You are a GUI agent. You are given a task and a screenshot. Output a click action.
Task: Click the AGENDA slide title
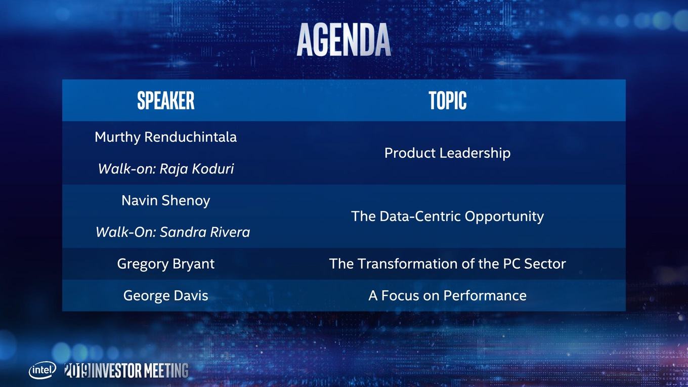[343, 39]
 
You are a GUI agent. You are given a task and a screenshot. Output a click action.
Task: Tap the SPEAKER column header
[166, 101]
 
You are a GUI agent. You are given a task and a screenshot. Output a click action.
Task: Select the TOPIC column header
[448, 101]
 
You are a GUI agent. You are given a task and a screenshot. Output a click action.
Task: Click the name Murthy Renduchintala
[166, 137]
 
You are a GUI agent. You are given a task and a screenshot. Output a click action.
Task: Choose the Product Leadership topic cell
[448, 153]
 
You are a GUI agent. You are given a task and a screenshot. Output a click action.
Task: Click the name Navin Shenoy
[166, 201]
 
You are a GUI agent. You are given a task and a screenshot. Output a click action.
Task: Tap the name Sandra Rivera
[205, 232]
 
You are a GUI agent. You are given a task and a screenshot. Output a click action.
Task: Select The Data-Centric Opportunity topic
[448, 217]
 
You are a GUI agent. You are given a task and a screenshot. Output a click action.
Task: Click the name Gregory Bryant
[166, 264]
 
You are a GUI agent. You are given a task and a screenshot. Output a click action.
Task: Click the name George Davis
[166, 296]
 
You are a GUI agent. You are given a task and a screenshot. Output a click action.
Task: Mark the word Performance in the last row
[485, 296]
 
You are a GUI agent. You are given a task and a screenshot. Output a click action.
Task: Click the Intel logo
[42, 370]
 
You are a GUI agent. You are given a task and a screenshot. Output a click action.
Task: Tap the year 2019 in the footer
[77, 370]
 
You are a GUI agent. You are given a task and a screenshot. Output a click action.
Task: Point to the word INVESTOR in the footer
[117, 370]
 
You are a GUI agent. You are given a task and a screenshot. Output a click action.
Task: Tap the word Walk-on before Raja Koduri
[127, 168]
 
